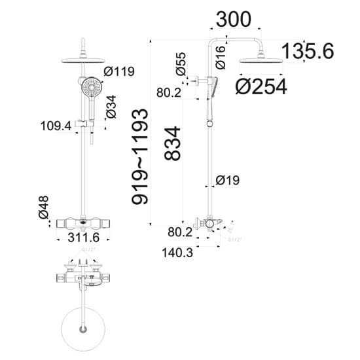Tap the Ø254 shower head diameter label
(261, 86)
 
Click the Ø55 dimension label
(181, 63)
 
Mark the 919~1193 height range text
(140, 156)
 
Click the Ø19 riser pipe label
(229, 179)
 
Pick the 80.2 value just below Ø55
(168, 93)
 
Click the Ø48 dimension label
(43, 206)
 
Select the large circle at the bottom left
(82, 327)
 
